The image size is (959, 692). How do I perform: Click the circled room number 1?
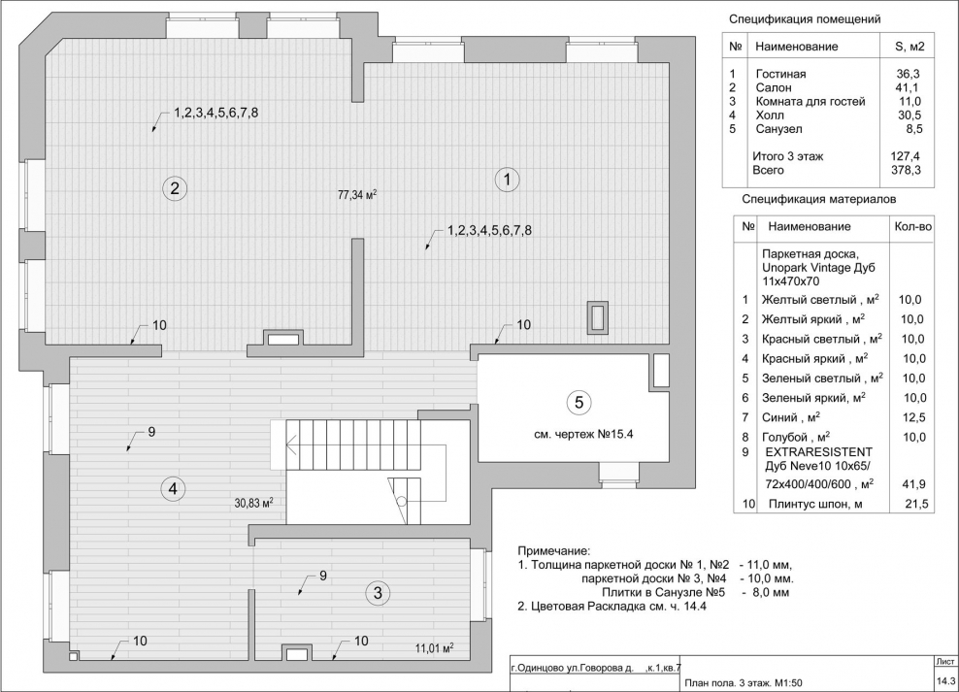point(506,179)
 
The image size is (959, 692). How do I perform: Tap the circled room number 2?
point(174,188)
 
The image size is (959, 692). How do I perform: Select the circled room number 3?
point(380,592)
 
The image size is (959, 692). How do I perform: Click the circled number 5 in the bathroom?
point(577,401)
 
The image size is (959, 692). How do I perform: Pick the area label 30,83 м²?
point(253,503)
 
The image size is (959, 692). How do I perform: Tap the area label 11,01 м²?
point(435,646)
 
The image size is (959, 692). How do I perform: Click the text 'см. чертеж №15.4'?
point(577,433)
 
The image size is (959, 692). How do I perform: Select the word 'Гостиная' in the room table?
point(780,75)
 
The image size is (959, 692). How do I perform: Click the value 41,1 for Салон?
point(908,88)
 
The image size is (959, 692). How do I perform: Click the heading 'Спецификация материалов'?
point(818,199)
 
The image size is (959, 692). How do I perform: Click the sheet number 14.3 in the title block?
point(945,681)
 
